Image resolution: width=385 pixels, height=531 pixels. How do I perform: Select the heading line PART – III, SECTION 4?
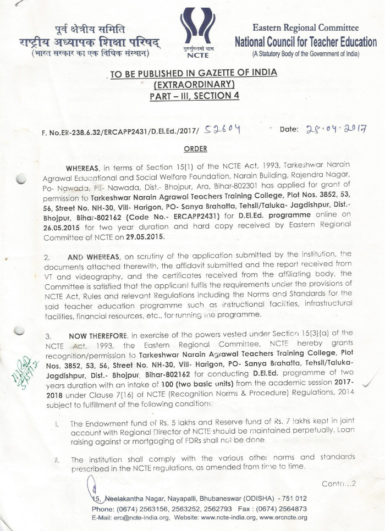193,96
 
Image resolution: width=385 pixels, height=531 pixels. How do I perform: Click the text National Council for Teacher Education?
306,42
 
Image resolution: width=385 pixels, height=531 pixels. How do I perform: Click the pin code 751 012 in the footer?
291,499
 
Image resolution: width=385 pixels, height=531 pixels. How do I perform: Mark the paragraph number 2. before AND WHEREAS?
46,257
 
